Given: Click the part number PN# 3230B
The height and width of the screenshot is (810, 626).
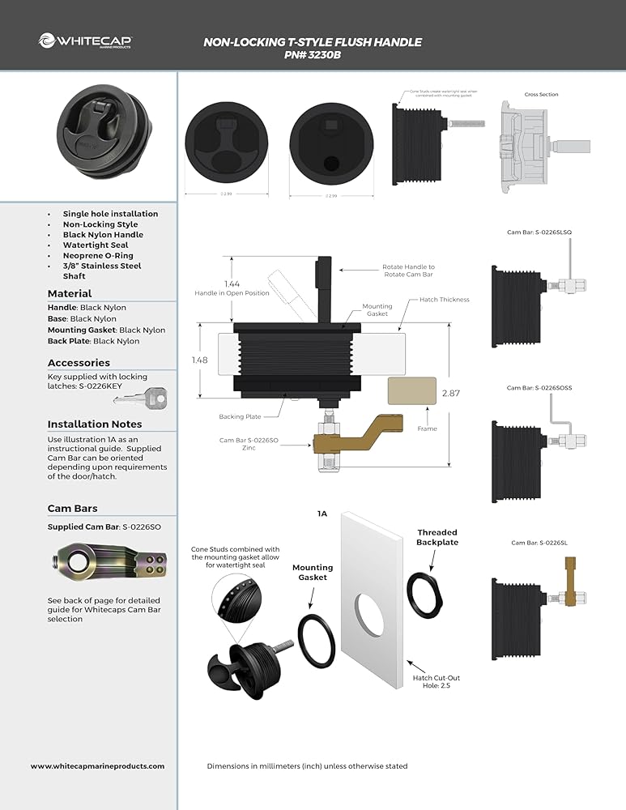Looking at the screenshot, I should point(313,56).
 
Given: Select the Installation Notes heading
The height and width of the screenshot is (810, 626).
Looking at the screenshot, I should point(95,424).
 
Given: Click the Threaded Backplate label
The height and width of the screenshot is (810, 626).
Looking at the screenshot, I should point(437,538).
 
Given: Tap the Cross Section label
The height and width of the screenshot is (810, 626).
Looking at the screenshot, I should point(541,95).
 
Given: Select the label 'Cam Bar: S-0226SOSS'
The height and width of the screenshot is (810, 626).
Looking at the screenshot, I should point(540,388).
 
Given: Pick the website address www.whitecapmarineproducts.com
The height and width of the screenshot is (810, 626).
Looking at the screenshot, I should point(97,765).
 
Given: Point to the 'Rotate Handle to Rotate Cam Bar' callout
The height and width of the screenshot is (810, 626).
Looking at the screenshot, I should point(408,271).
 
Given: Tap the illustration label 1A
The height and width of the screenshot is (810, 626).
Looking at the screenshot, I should point(322,514).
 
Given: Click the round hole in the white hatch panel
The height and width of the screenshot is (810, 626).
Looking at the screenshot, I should point(368,612).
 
